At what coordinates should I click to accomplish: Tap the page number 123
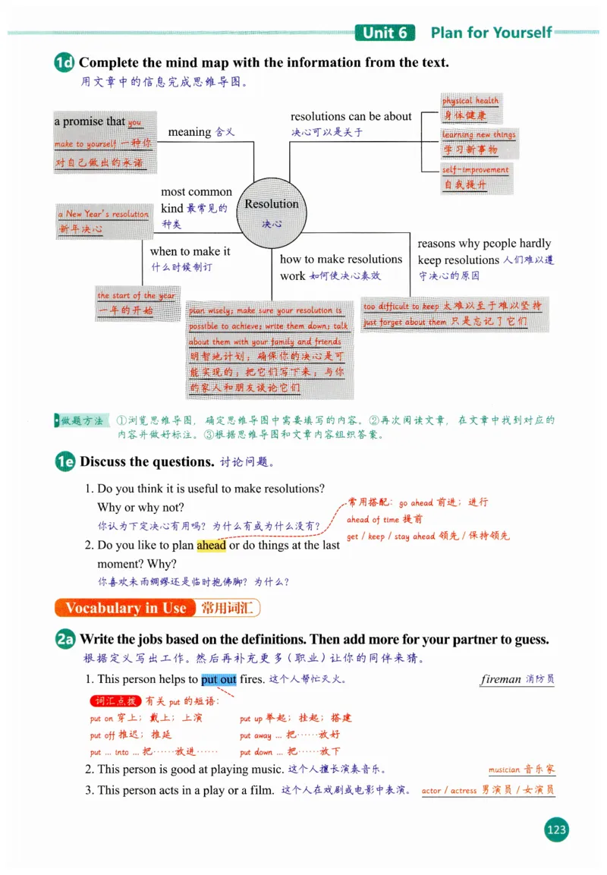(x=556, y=829)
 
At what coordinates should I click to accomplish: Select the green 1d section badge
(x=64, y=63)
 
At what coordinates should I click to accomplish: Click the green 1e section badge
(x=65, y=461)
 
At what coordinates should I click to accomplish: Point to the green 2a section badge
(x=65, y=640)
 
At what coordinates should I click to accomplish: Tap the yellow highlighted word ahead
(x=211, y=545)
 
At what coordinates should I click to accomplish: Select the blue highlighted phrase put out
(x=219, y=679)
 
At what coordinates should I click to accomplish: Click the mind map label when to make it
(x=190, y=251)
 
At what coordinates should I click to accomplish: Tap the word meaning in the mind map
(x=190, y=132)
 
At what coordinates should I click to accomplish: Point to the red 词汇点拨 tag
(x=115, y=700)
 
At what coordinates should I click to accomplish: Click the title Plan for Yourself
(x=491, y=33)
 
